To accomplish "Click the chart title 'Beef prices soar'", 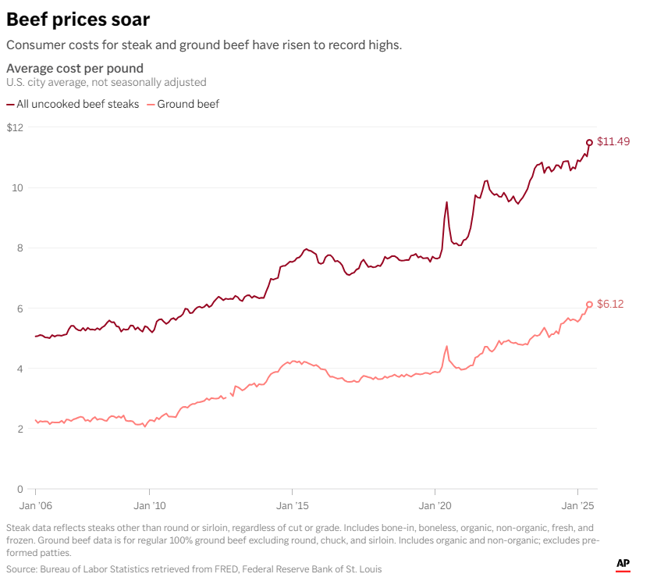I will [78, 19].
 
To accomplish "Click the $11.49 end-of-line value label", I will [613, 142].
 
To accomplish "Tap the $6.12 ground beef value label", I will [610, 305].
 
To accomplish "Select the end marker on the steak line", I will [589, 142].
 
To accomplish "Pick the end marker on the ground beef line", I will [589, 305].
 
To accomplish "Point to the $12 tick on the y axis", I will [15, 127].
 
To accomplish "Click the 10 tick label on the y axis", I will [18, 188].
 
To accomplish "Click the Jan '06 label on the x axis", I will [35, 506].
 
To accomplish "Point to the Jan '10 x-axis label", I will [149, 506].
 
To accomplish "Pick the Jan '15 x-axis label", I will [292, 506].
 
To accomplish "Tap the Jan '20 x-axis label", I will [435, 506].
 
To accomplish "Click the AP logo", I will [623, 564].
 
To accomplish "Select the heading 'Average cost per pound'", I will [75, 68].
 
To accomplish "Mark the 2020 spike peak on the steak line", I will [446, 202].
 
